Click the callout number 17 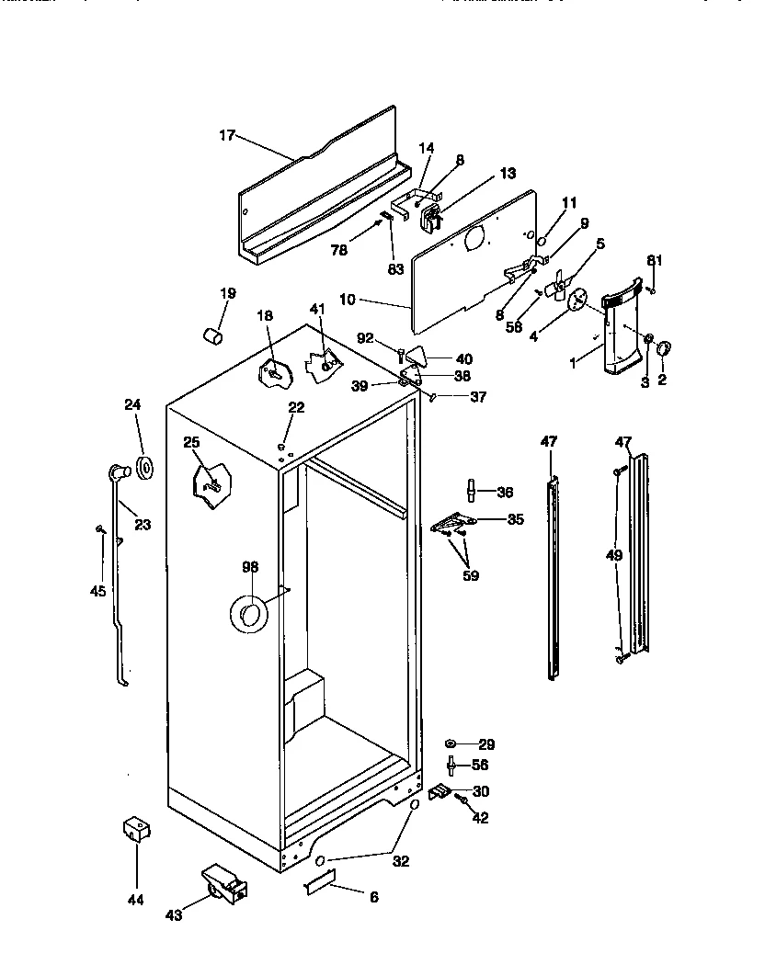point(227,136)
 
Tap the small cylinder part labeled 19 point(212,335)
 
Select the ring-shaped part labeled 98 point(247,614)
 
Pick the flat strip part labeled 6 point(319,883)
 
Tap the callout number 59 point(471,577)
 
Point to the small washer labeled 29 point(451,743)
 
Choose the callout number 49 point(613,555)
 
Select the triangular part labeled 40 point(417,354)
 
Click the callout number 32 point(400,862)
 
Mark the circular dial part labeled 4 point(578,300)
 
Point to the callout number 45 point(97,591)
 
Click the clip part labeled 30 point(441,791)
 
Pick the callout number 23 point(143,525)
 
